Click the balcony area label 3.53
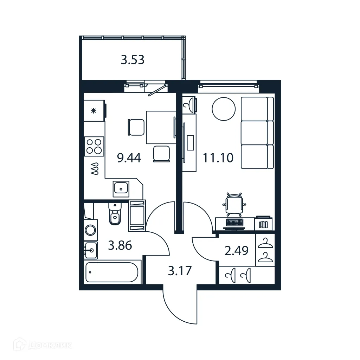tap(133, 60)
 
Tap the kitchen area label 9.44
tap(129, 158)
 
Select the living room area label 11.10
tap(218, 158)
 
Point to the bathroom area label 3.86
tap(120, 245)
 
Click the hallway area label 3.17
tap(180, 271)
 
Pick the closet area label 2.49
tap(237, 251)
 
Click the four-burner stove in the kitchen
tap(94, 146)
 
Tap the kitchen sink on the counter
tap(121, 189)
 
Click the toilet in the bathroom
tap(115, 215)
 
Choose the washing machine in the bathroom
tap(91, 230)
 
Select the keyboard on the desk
tap(234, 223)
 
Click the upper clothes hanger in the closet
tap(265, 243)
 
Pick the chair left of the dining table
tap(136, 127)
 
